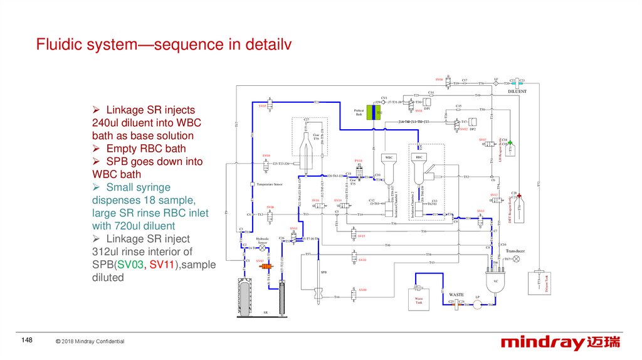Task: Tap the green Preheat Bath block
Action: click(374, 113)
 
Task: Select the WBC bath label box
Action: click(389, 157)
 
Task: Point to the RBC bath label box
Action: click(419, 157)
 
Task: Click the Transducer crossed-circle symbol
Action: click(516, 258)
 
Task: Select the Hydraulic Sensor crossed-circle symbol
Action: click(263, 248)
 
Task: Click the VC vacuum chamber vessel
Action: click(495, 279)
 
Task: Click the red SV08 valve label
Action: click(439, 80)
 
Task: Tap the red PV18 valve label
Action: click(359, 161)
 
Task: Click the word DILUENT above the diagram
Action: click(517, 91)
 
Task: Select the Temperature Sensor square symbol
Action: click(251, 184)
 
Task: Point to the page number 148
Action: click(26, 340)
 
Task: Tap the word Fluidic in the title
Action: click(58, 45)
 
